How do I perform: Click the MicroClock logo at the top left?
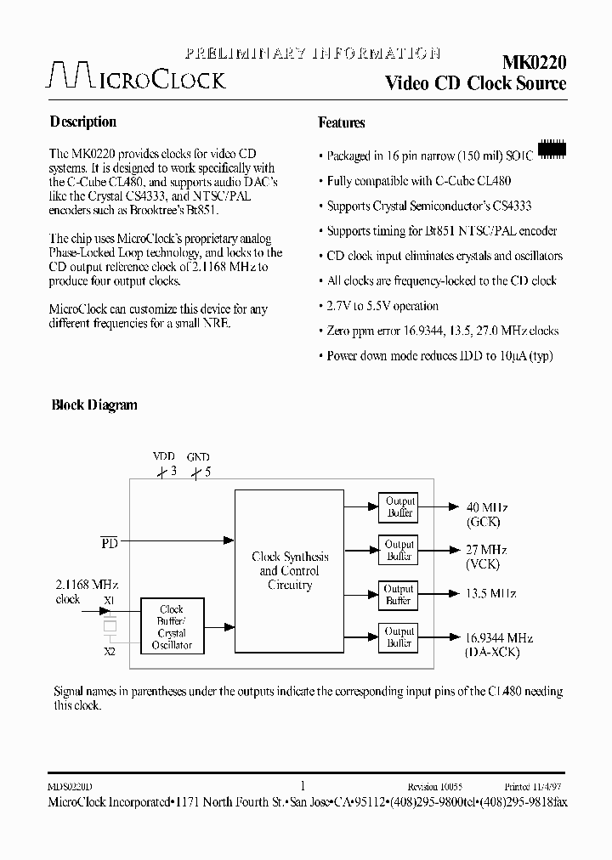pos(136,76)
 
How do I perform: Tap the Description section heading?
pos(83,122)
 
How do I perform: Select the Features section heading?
pos(342,122)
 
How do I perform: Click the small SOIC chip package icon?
pos(552,149)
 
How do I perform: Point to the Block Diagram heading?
pos(94,405)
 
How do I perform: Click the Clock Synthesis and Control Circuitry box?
pos(290,571)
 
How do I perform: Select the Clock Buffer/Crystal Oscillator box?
pos(172,627)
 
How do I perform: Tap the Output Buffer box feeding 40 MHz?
pos(399,506)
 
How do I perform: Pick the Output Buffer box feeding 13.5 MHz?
pos(399,594)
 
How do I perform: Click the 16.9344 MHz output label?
pos(500,637)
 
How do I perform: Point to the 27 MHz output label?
pos(487,550)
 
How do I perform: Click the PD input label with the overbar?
pos(110,541)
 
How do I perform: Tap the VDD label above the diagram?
pos(162,456)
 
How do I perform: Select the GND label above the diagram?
pos(198,456)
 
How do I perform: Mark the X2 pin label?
pos(110,651)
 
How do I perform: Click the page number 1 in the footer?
pos(303,786)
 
